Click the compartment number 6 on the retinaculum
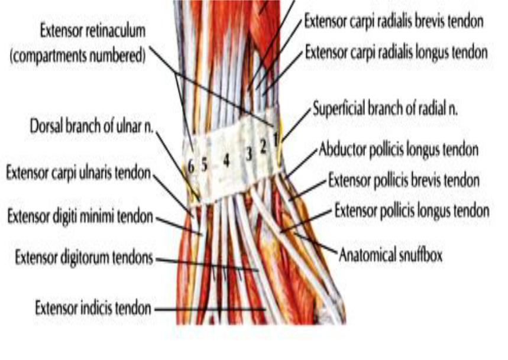pos(191,167)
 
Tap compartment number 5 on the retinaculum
pos(204,165)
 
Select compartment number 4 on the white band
pos(227,160)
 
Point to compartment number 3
pos(249,154)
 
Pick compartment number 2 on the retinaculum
pos(263,147)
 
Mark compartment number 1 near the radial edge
pos(276,140)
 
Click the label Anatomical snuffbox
pos(390,255)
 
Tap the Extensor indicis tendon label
pos(93,308)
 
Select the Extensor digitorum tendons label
pos(84,258)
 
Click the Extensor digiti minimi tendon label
pos(80,216)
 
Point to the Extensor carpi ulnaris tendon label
pos(79,173)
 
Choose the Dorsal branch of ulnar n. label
pos(91,126)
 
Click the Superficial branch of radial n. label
pos(385,108)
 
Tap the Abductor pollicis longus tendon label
pos(399,150)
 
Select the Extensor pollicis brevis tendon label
pos(404,180)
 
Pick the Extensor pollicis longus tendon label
pos(412,210)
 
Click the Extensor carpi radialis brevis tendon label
pos(394,22)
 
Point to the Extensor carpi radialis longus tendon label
pos(396,52)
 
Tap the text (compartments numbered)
pos(77,56)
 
